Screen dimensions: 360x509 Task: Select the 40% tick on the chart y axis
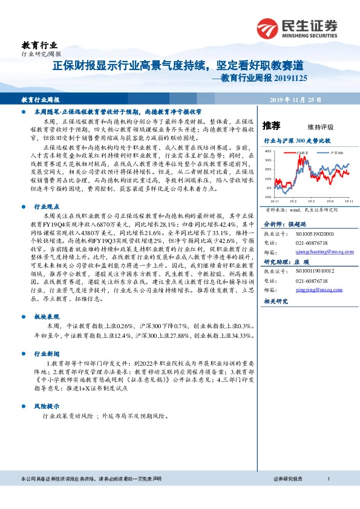[267, 152]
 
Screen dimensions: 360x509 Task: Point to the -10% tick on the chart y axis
[267, 196]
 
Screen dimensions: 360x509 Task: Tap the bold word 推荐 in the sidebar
[272, 126]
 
